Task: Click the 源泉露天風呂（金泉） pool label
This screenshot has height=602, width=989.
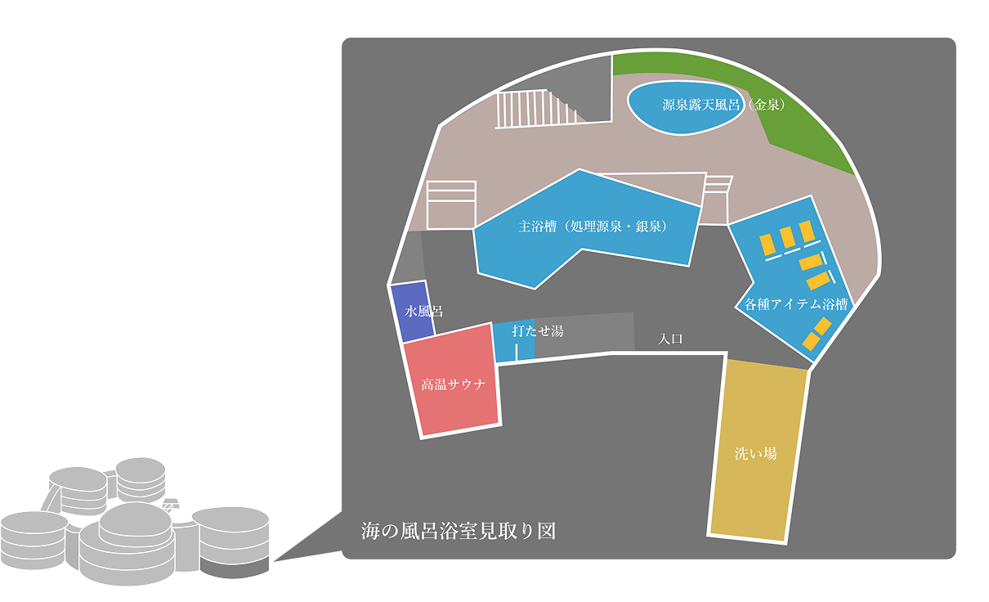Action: point(724,105)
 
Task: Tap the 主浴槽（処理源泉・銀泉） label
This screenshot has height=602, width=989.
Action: point(593,227)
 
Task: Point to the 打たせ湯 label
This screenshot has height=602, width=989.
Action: point(538,331)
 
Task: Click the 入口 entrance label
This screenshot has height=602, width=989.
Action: point(670,339)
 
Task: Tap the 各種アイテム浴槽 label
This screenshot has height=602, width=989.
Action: point(795,304)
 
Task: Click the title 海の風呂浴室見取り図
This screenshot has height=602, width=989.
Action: point(459,531)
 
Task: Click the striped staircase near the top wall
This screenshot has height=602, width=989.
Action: point(536,109)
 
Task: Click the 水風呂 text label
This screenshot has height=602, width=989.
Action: point(424,311)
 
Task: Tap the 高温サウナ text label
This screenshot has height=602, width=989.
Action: point(454,384)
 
